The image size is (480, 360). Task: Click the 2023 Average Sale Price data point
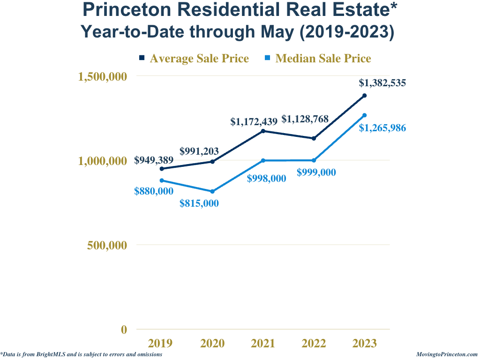364,96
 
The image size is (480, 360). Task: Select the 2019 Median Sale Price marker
162,180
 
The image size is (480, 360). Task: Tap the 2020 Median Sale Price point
212,191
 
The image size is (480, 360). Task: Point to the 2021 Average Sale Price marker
263,131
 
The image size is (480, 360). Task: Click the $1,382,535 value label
382,83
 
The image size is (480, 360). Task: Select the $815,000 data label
199,203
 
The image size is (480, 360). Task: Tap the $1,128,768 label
305,119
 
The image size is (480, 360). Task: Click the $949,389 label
154,160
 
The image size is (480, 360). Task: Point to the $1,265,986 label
382,127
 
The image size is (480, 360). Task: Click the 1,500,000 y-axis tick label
102,76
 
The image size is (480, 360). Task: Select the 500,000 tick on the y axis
107,245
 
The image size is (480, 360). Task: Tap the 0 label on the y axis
124,330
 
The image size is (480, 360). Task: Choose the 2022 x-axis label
314,344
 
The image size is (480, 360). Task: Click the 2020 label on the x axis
212,344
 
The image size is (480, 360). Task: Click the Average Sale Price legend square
142,58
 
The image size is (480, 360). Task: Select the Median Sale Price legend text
323,59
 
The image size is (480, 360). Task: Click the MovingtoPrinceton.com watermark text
447,355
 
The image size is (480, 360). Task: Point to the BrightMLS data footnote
82,355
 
